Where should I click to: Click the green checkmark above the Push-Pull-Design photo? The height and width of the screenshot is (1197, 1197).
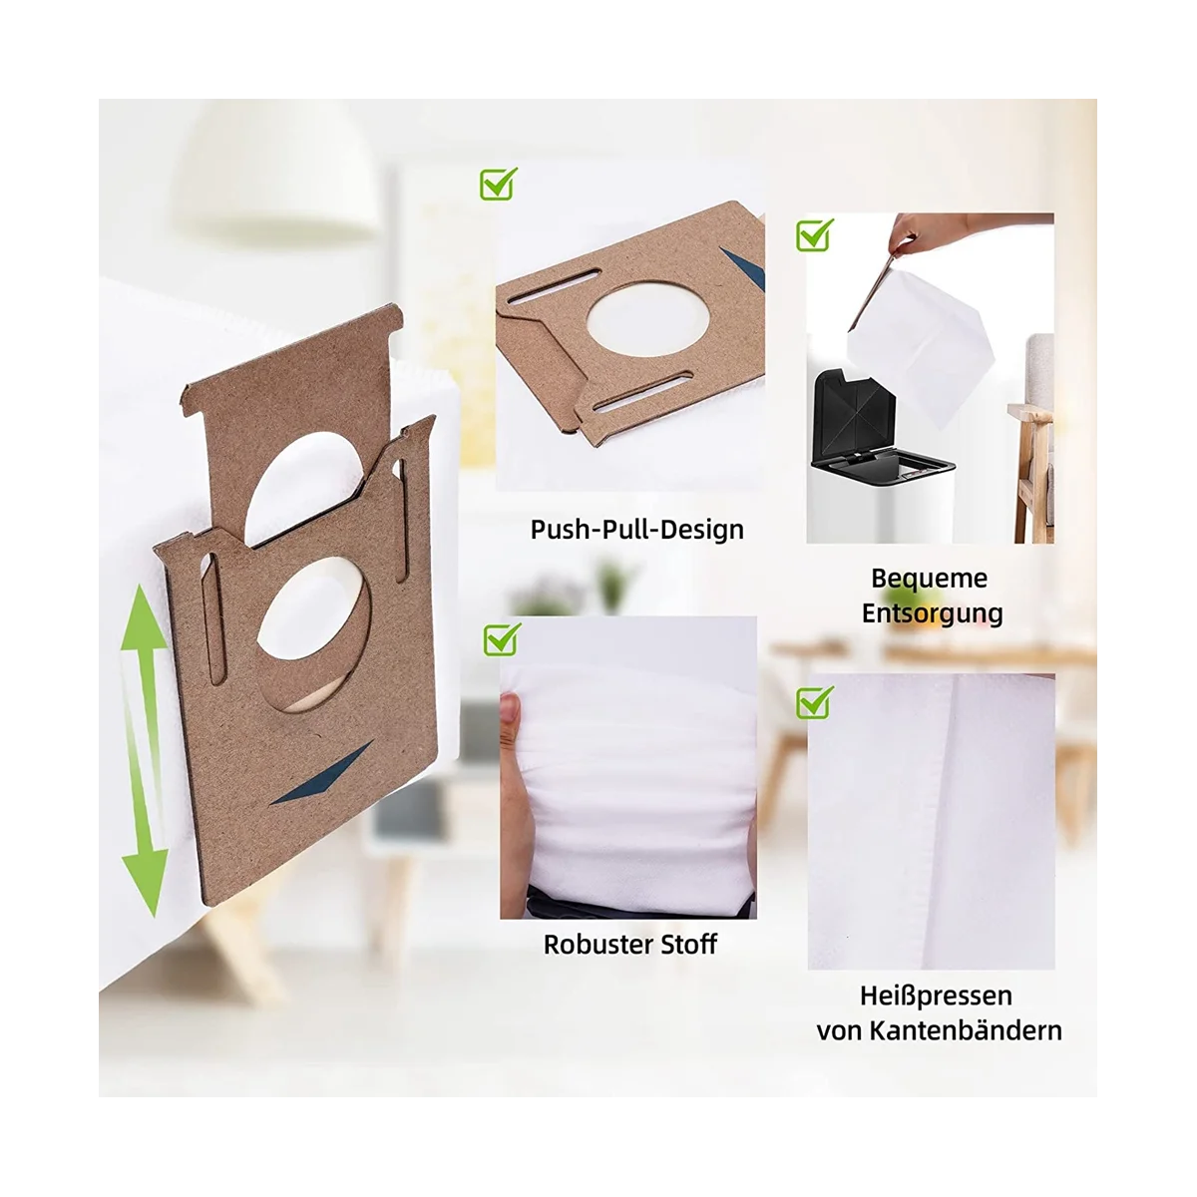(499, 184)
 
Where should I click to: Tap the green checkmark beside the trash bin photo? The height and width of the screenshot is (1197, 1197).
(815, 235)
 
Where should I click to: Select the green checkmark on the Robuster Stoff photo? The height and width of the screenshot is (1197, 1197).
(502, 638)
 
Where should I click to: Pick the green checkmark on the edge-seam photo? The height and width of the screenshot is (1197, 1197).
(815, 701)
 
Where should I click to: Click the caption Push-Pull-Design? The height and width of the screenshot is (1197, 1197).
(636, 529)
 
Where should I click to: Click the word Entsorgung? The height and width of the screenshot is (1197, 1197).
(932, 612)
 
